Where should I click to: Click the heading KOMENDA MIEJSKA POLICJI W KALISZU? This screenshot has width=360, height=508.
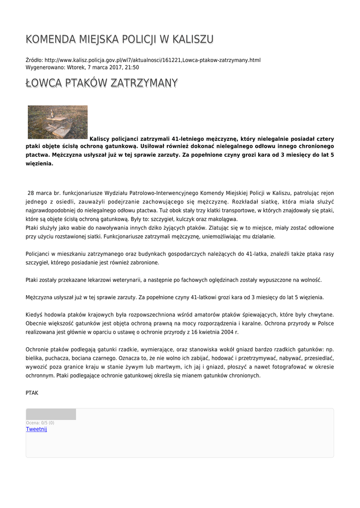[119, 39]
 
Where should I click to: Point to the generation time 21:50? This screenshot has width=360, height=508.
[132, 67]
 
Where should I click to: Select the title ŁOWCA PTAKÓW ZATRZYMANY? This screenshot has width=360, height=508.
[101, 83]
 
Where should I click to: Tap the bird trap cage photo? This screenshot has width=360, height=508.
[58, 122]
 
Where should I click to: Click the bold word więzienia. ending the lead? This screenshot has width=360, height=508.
[39, 163]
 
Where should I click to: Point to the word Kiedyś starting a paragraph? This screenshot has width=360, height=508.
[35, 315]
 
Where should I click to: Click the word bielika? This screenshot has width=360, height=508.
[35, 358]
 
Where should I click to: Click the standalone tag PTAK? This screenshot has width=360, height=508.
[32, 393]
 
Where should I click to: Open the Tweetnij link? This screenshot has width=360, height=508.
[36, 429]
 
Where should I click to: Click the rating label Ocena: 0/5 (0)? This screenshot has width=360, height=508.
[40, 423]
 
